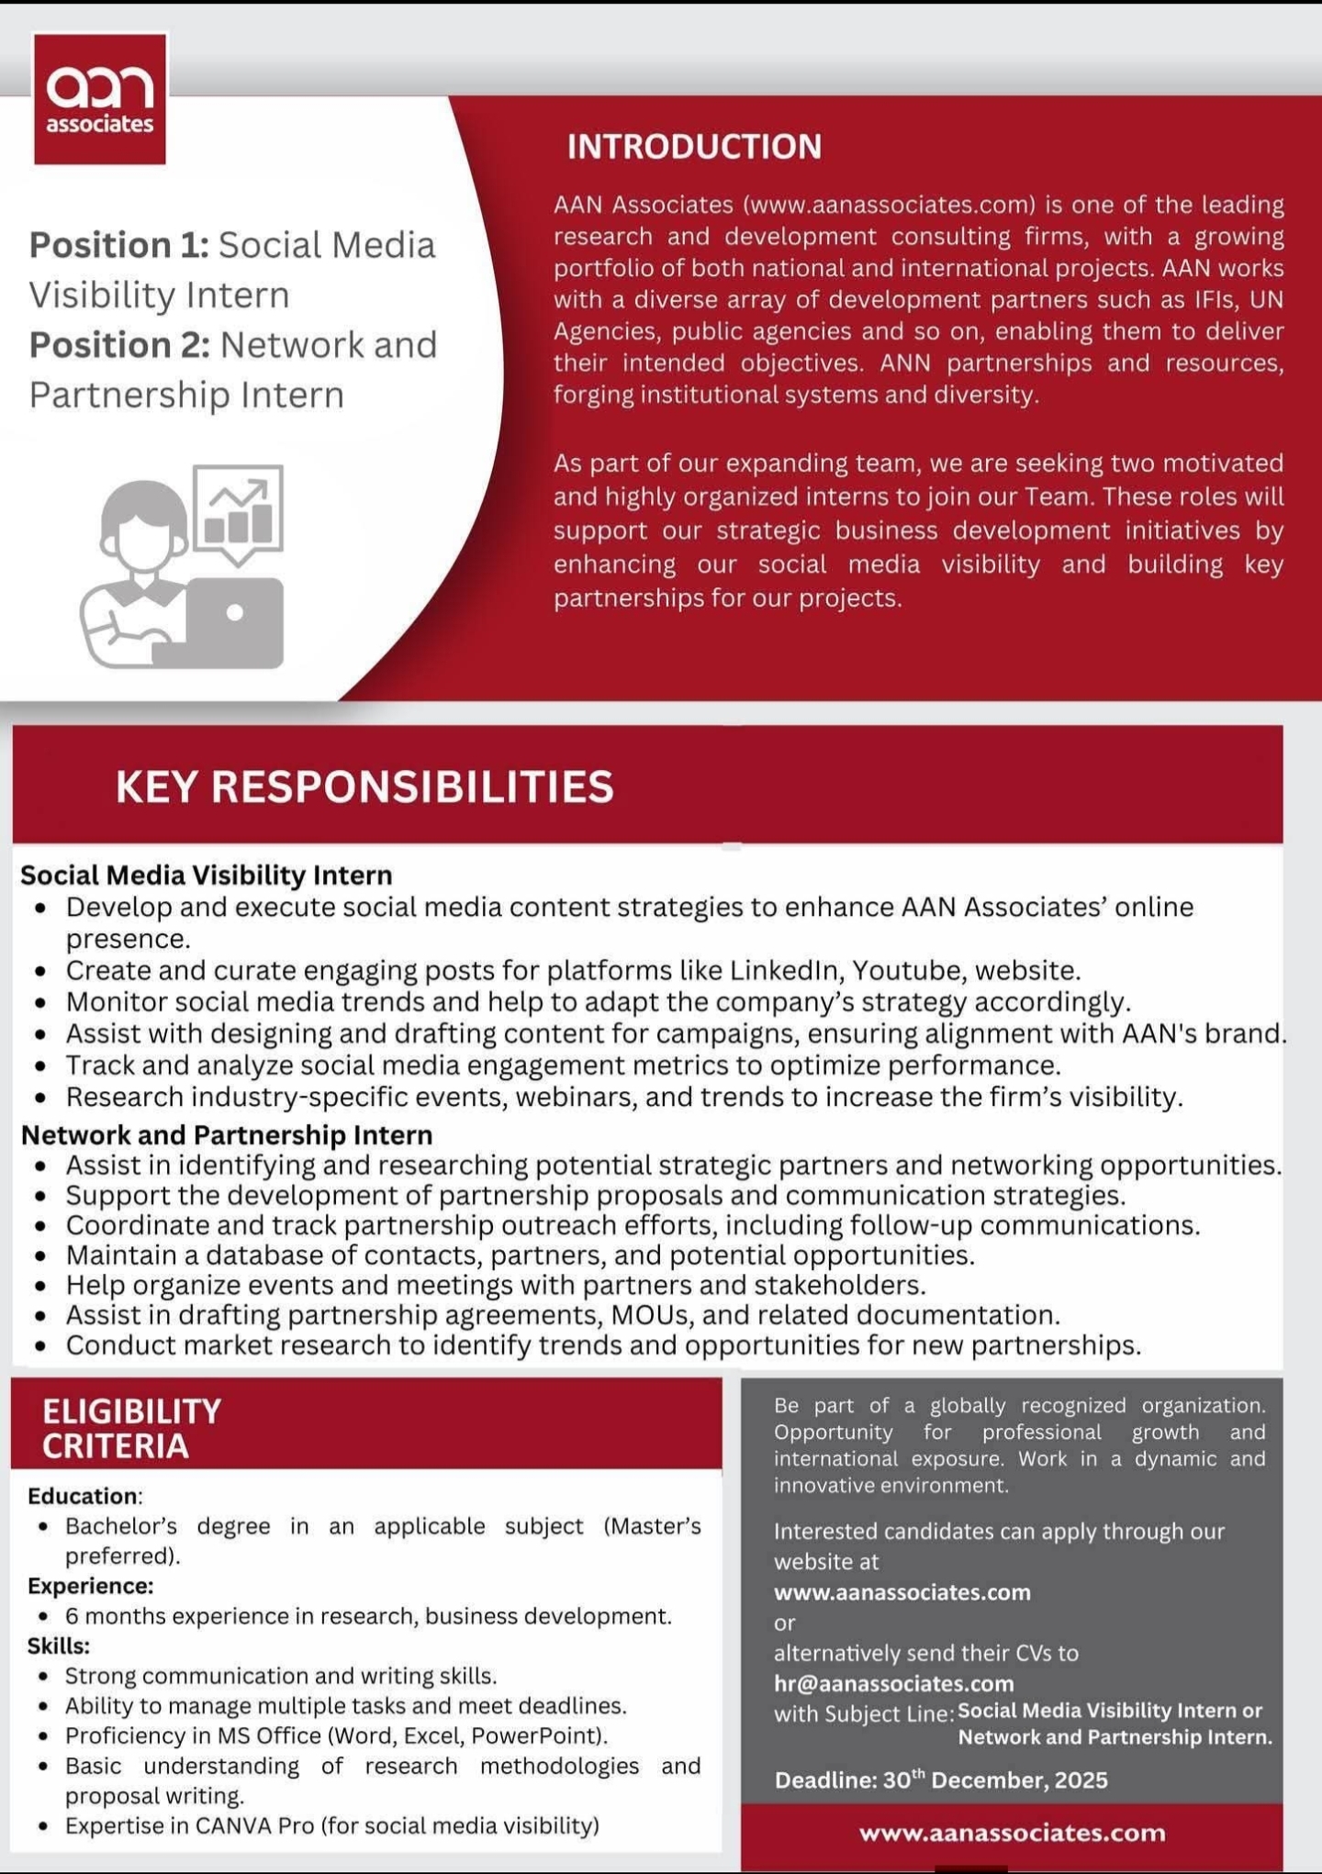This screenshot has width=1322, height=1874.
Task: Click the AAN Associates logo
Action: click(100, 99)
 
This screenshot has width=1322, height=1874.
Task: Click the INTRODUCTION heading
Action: click(694, 147)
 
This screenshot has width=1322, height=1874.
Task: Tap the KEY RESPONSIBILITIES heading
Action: click(364, 786)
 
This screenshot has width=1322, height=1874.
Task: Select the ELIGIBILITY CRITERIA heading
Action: click(131, 1428)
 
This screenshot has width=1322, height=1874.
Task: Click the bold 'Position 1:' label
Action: click(119, 245)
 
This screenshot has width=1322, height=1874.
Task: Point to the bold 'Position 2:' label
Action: click(119, 345)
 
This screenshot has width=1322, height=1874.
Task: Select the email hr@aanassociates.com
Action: click(893, 1683)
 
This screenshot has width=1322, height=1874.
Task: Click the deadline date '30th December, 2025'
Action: click(995, 1780)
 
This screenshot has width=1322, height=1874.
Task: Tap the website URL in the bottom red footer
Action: click(1012, 1833)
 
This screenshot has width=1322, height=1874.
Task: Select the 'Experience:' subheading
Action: click(90, 1586)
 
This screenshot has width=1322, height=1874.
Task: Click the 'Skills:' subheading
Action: click(59, 1645)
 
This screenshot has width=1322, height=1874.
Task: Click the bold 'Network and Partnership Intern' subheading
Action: click(227, 1135)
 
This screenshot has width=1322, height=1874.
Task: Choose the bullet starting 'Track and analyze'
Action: click(563, 1065)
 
